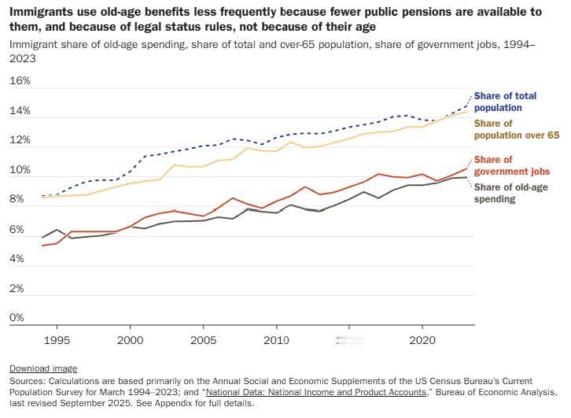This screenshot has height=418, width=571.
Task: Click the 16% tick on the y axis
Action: coord(20,81)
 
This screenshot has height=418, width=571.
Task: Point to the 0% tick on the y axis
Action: coord(17,318)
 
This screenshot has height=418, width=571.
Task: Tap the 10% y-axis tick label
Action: coord(20,170)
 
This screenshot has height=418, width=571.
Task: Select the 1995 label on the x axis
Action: coord(57,341)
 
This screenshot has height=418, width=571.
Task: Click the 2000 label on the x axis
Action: coord(130,341)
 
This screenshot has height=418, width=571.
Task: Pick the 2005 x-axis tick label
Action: coord(203,341)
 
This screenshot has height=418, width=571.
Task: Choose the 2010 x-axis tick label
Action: coord(276,341)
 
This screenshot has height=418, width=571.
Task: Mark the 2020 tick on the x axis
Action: coord(422,341)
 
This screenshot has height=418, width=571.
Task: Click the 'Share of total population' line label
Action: coord(505,102)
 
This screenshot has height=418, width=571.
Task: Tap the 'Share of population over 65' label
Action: coord(516,129)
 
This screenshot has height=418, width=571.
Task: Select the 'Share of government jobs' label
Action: coord(511,165)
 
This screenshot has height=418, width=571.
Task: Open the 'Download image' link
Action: coord(43,368)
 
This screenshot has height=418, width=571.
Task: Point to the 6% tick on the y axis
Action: coord(17,230)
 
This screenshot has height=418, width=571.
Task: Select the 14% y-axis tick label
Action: coord(20,111)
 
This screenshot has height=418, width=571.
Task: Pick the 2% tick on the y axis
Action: coord(17,289)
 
